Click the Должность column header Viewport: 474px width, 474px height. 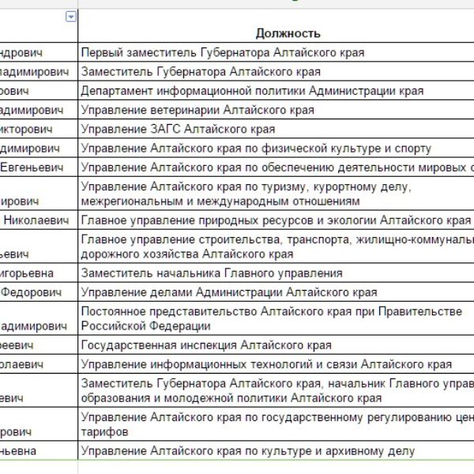pyautogui.click(x=288, y=33)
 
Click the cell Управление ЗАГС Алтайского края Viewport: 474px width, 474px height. pyautogui.click(x=178, y=129)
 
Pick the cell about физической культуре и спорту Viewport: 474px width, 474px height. pyautogui.click(x=256, y=148)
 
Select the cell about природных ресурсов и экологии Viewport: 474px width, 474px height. pyautogui.click(x=276, y=220)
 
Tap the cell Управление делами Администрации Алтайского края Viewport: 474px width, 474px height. pyautogui.click(x=229, y=292)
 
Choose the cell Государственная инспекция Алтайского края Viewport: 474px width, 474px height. pyautogui.click(x=206, y=345)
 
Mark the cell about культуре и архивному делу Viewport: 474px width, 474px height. pyautogui.click(x=247, y=452)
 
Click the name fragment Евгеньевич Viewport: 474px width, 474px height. pyautogui.click(x=38, y=167)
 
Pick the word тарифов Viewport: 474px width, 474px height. pyautogui.click(x=103, y=432)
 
